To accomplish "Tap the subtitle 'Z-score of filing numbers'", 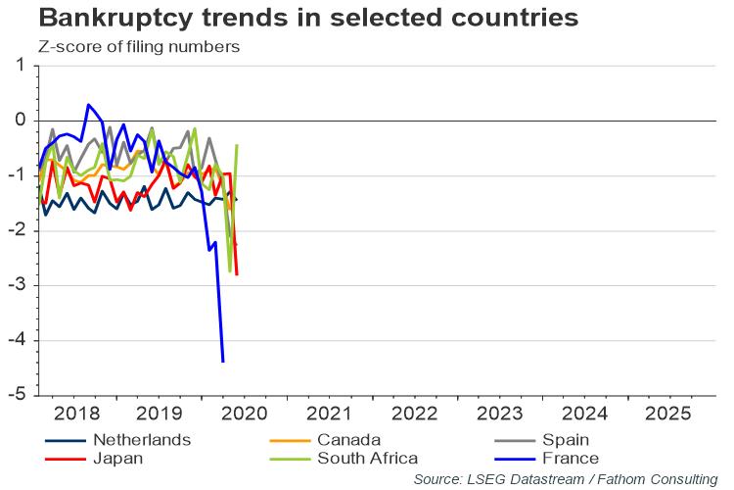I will [138, 46].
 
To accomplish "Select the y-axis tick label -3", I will [17, 285].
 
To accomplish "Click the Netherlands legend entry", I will [142, 440].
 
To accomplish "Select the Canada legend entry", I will [347, 440].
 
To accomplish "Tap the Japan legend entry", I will [117, 458].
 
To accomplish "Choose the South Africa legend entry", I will [366, 458].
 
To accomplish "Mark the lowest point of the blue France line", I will [223, 362].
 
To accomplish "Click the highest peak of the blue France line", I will [88, 104].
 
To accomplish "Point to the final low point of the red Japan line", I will [237, 274].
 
